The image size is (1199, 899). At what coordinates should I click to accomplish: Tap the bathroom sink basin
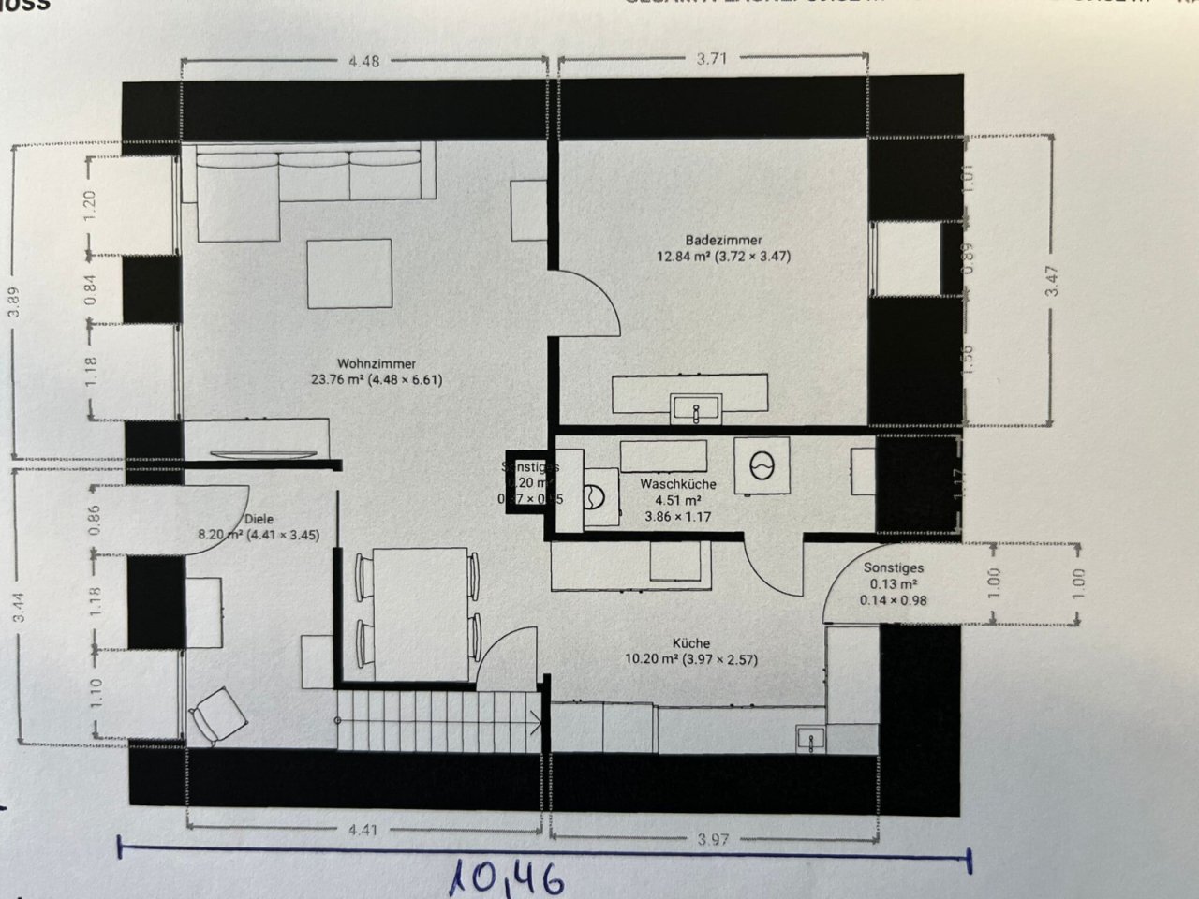pos(695,409)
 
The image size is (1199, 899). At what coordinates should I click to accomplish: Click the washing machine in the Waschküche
pos(761,464)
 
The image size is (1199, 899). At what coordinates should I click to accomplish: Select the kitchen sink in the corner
pos(809,738)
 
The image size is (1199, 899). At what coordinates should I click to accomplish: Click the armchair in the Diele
pos(218,715)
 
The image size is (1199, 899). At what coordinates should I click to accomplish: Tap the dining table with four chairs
pos(418,614)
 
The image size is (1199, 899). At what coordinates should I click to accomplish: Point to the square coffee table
pos(349,273)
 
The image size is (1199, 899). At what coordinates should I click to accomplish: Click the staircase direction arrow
pos(534,721)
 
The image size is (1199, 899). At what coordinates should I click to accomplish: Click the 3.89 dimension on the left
pos(13,302)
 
